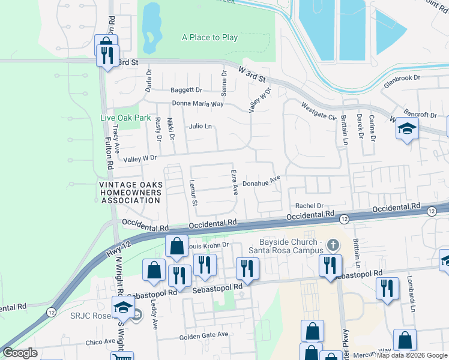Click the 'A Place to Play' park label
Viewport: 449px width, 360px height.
coord(209,37)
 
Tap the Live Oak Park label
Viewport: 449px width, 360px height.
coord(125,118)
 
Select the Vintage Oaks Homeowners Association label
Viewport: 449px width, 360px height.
coord(130,193)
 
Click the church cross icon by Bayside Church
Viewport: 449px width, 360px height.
coord(334,244)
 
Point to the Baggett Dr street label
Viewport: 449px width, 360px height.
coord(186,90)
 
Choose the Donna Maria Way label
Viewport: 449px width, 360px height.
coord(197,103)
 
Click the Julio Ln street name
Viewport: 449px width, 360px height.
coord(200,127)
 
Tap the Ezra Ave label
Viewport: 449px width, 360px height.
coord(235,182)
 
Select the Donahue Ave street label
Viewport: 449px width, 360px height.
coord(262,180)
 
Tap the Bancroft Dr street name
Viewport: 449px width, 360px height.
coord(420,114)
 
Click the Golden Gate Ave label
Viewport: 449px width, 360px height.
coord(203,335)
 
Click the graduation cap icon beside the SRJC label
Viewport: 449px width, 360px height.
coord(123,307)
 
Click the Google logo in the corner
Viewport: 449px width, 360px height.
coord(20,353)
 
